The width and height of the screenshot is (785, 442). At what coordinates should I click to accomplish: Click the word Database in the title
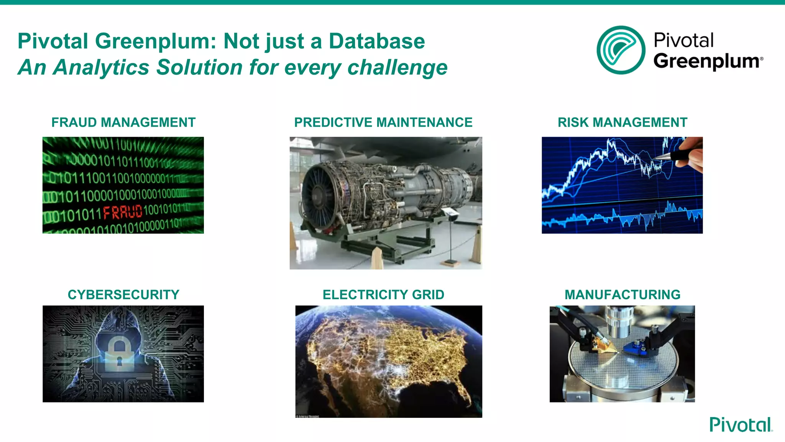(x=377, y=41)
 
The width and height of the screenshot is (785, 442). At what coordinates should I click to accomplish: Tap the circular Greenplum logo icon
(x=621, y=50)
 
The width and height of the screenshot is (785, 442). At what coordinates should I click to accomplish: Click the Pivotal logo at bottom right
(x=741, y=425)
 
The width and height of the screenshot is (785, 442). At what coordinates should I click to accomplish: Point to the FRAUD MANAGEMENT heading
(x=123, y=122)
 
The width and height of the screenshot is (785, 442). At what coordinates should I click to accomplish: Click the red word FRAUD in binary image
(x=123, y=212)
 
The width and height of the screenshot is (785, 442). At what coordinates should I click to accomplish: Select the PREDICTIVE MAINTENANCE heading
(x=383, y=122)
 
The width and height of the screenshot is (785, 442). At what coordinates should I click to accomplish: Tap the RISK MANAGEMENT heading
(x=622, y=122)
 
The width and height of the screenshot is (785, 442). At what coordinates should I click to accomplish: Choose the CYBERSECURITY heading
(x=123, y=295)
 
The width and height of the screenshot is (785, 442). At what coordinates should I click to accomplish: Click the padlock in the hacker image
(x=119, y=355)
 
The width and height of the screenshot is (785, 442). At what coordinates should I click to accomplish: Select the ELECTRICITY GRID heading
(x=383, y=295)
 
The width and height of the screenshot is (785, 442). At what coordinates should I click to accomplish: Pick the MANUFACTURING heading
(x=622, y=295)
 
